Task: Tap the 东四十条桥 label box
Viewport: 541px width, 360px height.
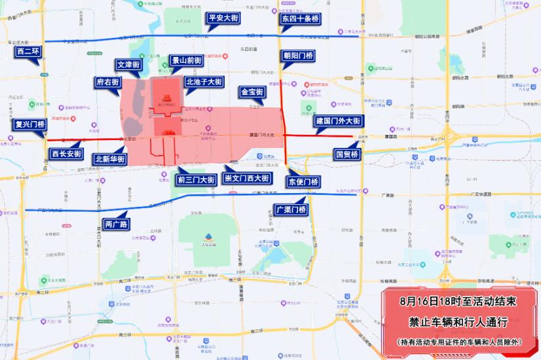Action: pos(300,19)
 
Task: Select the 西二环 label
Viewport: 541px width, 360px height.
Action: pos(28,50)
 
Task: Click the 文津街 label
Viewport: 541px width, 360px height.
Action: pos(128,65)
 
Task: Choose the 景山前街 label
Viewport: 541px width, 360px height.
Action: pos(186,61)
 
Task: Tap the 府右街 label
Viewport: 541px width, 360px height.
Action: pos(107,82)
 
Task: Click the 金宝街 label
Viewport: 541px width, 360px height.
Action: pos(252,92)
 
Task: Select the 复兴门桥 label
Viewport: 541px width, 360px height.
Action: pos(29,124)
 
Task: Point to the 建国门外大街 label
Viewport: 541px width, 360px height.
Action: pos(338,122)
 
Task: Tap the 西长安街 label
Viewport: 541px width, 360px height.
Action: pos(66,154)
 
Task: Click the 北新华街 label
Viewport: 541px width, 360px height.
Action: pos(110,159)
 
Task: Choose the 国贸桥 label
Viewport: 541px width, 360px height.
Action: pos(346,154)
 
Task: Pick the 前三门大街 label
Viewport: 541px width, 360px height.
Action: pos(196,179)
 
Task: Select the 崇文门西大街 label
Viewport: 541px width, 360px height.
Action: pos(247,178)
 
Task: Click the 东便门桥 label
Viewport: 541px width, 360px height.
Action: pos(303,181)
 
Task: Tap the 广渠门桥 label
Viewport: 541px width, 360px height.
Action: pos(290,210)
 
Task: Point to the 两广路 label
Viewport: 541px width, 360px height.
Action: pos(117,224)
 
